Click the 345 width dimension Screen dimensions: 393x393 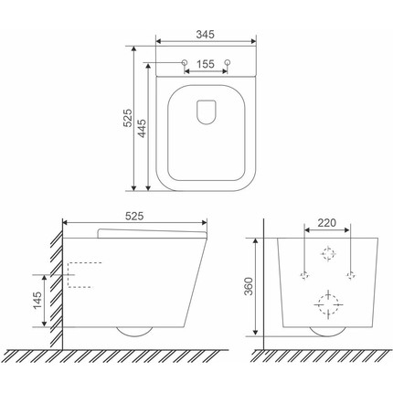205,35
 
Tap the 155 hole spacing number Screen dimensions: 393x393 206,64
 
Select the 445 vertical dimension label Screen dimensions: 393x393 142,128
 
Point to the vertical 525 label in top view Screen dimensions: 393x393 128,118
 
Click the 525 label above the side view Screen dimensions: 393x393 134,216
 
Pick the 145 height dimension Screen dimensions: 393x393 37,301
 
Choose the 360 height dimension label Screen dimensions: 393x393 250,286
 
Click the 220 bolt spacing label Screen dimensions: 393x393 327,223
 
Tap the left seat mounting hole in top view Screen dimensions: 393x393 185,62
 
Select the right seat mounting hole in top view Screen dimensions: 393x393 228,62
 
